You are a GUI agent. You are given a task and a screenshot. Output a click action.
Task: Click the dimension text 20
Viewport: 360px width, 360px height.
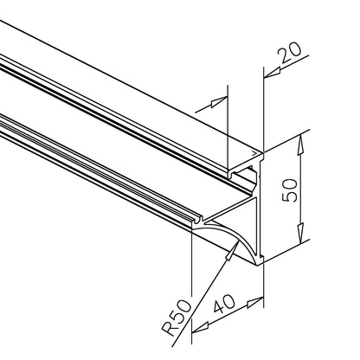[x=289, y=53]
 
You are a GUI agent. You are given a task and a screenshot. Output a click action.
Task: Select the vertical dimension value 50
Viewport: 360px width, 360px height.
[x=289, y=190]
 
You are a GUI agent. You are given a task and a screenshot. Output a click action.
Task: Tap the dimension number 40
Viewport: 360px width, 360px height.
[x=224, y=304]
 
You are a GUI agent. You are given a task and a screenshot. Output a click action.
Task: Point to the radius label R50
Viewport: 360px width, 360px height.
[x=177, y=318]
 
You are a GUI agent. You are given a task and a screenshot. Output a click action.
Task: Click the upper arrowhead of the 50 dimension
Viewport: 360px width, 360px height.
[x=300, y=145]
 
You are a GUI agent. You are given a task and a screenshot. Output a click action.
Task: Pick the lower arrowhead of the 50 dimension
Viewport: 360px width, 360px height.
[x=300, y=233]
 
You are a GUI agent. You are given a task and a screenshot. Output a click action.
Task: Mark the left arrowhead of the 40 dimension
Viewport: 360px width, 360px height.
[x=200, y=328]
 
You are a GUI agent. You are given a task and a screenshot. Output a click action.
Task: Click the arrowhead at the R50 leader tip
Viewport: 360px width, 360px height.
[x=233, y=250]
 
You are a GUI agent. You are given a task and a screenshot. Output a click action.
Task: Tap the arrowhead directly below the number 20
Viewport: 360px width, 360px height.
[x=273, y=73]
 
